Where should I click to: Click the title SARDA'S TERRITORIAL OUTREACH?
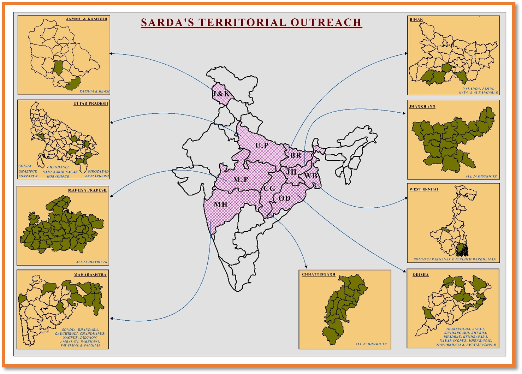click(251, 22)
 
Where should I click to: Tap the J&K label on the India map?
click(221, 94)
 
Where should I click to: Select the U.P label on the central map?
click(262, 146)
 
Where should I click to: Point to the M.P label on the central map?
click(241, 179)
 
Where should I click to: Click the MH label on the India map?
click(221, 204)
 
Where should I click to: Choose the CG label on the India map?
click(269, 189)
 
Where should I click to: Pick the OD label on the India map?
click(284, 198)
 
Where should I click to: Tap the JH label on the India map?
click(291, 172)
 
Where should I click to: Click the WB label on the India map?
click(311, 176)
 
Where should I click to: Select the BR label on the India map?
click(296, 155)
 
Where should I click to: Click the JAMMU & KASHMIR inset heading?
click(87, 19)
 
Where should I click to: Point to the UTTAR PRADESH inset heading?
click(91, 103)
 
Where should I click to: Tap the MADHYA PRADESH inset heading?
click(87, 190)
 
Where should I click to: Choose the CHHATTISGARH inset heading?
click(319, 274)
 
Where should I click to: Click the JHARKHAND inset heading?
click(422, 106)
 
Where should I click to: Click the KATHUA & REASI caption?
click(94, 91)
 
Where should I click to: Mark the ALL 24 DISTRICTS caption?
click(481, 176)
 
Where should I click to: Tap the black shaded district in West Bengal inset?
click(462, 250)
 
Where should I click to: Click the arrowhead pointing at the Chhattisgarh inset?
click(306, 267)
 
